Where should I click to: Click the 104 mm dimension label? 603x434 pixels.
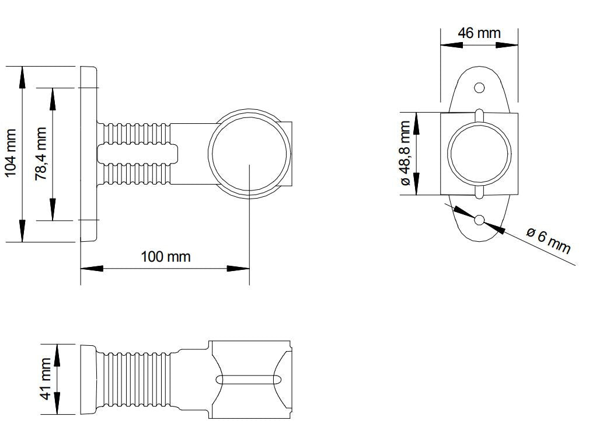pos(12,154)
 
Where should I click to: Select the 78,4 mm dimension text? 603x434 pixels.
pos(41,154)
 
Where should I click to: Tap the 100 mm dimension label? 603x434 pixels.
pos(165,256)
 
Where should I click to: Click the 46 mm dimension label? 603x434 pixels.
pos(479,33)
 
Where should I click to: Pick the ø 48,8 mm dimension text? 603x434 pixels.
pos(406,154)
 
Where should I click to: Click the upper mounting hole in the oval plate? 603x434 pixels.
pos(479,88)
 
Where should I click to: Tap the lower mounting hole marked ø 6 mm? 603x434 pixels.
pos(479,220)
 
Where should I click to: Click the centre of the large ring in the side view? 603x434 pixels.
pos(250,154)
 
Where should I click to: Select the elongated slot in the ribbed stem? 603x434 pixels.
pos(137,154)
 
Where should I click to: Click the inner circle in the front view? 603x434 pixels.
pos(479,154)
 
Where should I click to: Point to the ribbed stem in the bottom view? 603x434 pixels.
pos(137,379)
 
